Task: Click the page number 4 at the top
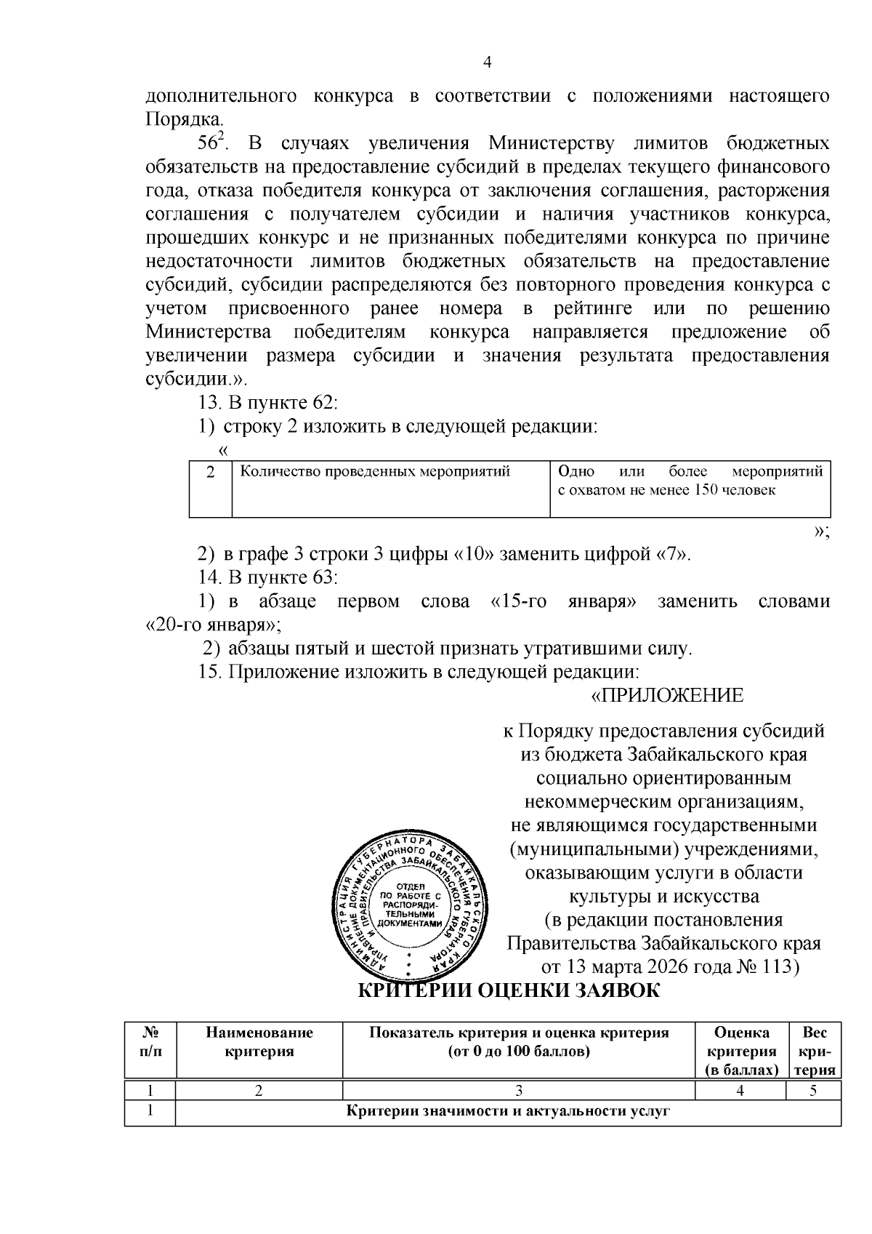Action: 488,63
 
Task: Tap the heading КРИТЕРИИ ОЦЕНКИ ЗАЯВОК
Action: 509,990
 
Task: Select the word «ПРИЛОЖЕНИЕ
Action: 666,696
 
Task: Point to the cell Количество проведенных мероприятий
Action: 375,472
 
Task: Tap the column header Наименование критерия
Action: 259,1042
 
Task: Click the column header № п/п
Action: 150,1042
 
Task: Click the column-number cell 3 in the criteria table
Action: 519,1090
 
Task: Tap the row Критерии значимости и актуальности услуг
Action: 506,1112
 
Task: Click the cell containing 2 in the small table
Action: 211,473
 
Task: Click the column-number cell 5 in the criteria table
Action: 814,1090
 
